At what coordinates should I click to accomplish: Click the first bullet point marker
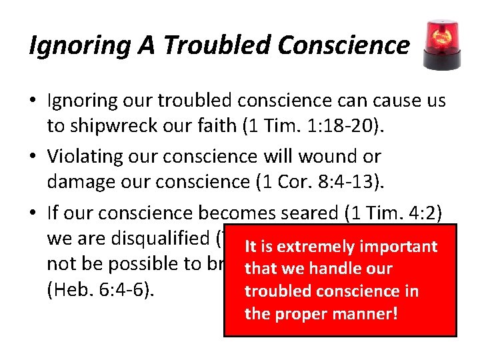point(35,101)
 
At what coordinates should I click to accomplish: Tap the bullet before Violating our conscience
point(35,157)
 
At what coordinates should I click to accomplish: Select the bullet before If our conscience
point(35,213)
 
